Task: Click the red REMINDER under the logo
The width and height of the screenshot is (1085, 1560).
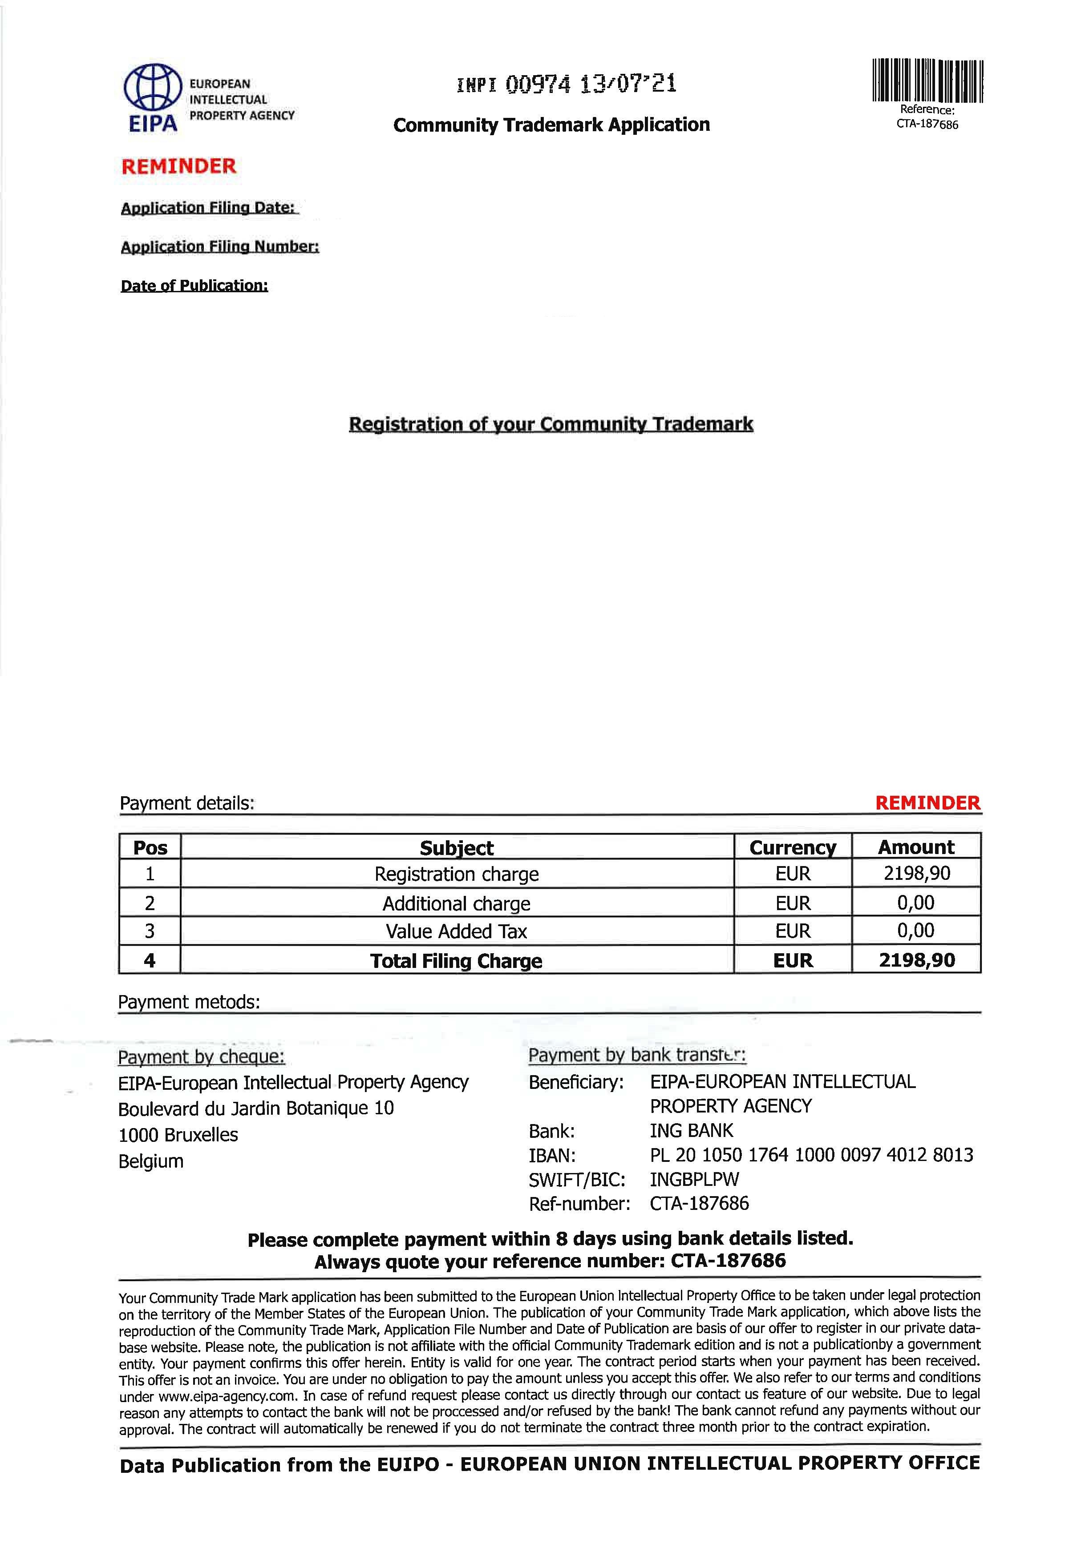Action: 179,166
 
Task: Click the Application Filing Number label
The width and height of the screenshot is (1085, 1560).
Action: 219,246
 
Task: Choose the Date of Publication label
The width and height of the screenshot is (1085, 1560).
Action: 194,286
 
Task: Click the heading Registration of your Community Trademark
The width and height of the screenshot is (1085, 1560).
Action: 551,424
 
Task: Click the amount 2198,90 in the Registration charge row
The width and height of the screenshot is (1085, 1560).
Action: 916,873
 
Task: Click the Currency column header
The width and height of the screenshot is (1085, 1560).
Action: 792,847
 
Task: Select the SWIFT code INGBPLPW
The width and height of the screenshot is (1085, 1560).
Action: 694,1180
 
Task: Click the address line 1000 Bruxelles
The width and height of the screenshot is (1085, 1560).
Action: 178,1135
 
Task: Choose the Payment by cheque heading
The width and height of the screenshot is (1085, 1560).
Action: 201,1057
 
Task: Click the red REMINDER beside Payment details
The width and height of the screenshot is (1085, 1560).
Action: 927,803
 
